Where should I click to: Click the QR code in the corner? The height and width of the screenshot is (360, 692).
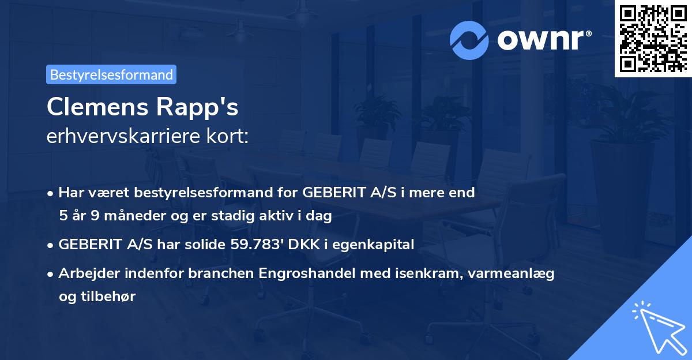tap(652, 38)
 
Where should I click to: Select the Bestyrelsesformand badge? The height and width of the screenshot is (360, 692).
tap(111, 74)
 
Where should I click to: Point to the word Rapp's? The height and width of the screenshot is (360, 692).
tap(205, 108)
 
